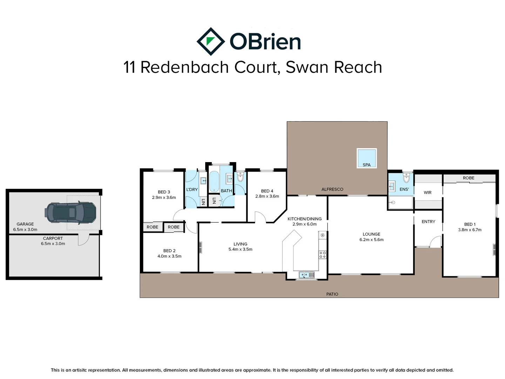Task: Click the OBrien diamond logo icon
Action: point(210,41)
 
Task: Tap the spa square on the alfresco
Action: point(366,158)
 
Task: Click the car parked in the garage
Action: point(70,212)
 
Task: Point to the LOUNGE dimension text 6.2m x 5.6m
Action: point(371,240)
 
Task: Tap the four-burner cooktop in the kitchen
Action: point(322,255)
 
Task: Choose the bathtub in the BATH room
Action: point(214,181)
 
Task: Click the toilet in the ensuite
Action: point(406,178)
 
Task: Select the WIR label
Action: point(427,192)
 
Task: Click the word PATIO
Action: point(332,294)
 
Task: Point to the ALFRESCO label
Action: point(332,189)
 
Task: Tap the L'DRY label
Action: point(192,189)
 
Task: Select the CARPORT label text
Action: point(53,238)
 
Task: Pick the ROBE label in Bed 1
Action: point(468,178)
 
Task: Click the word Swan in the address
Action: point(307,67)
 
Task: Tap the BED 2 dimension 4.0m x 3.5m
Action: point(169,256)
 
